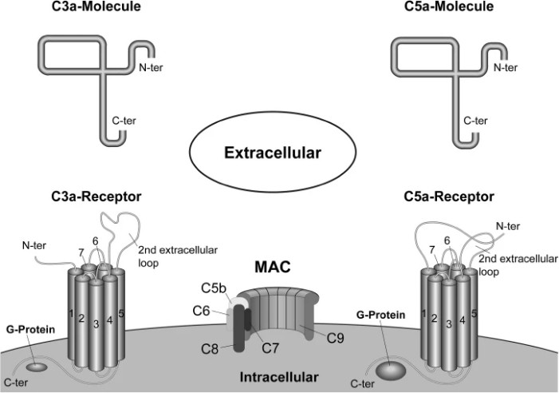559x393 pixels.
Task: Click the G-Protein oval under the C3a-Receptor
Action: tap(37, 367)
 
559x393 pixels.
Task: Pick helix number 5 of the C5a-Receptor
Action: tap(474, 314)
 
